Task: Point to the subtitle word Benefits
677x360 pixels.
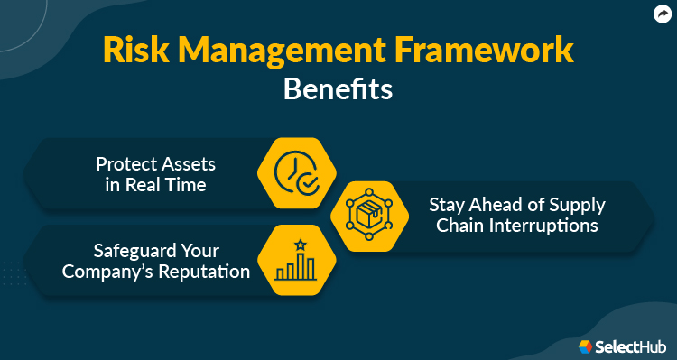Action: tap(338, 90)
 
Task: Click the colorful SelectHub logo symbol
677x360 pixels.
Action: tap(586, 346)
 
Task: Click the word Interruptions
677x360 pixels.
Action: tap(544, 226)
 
